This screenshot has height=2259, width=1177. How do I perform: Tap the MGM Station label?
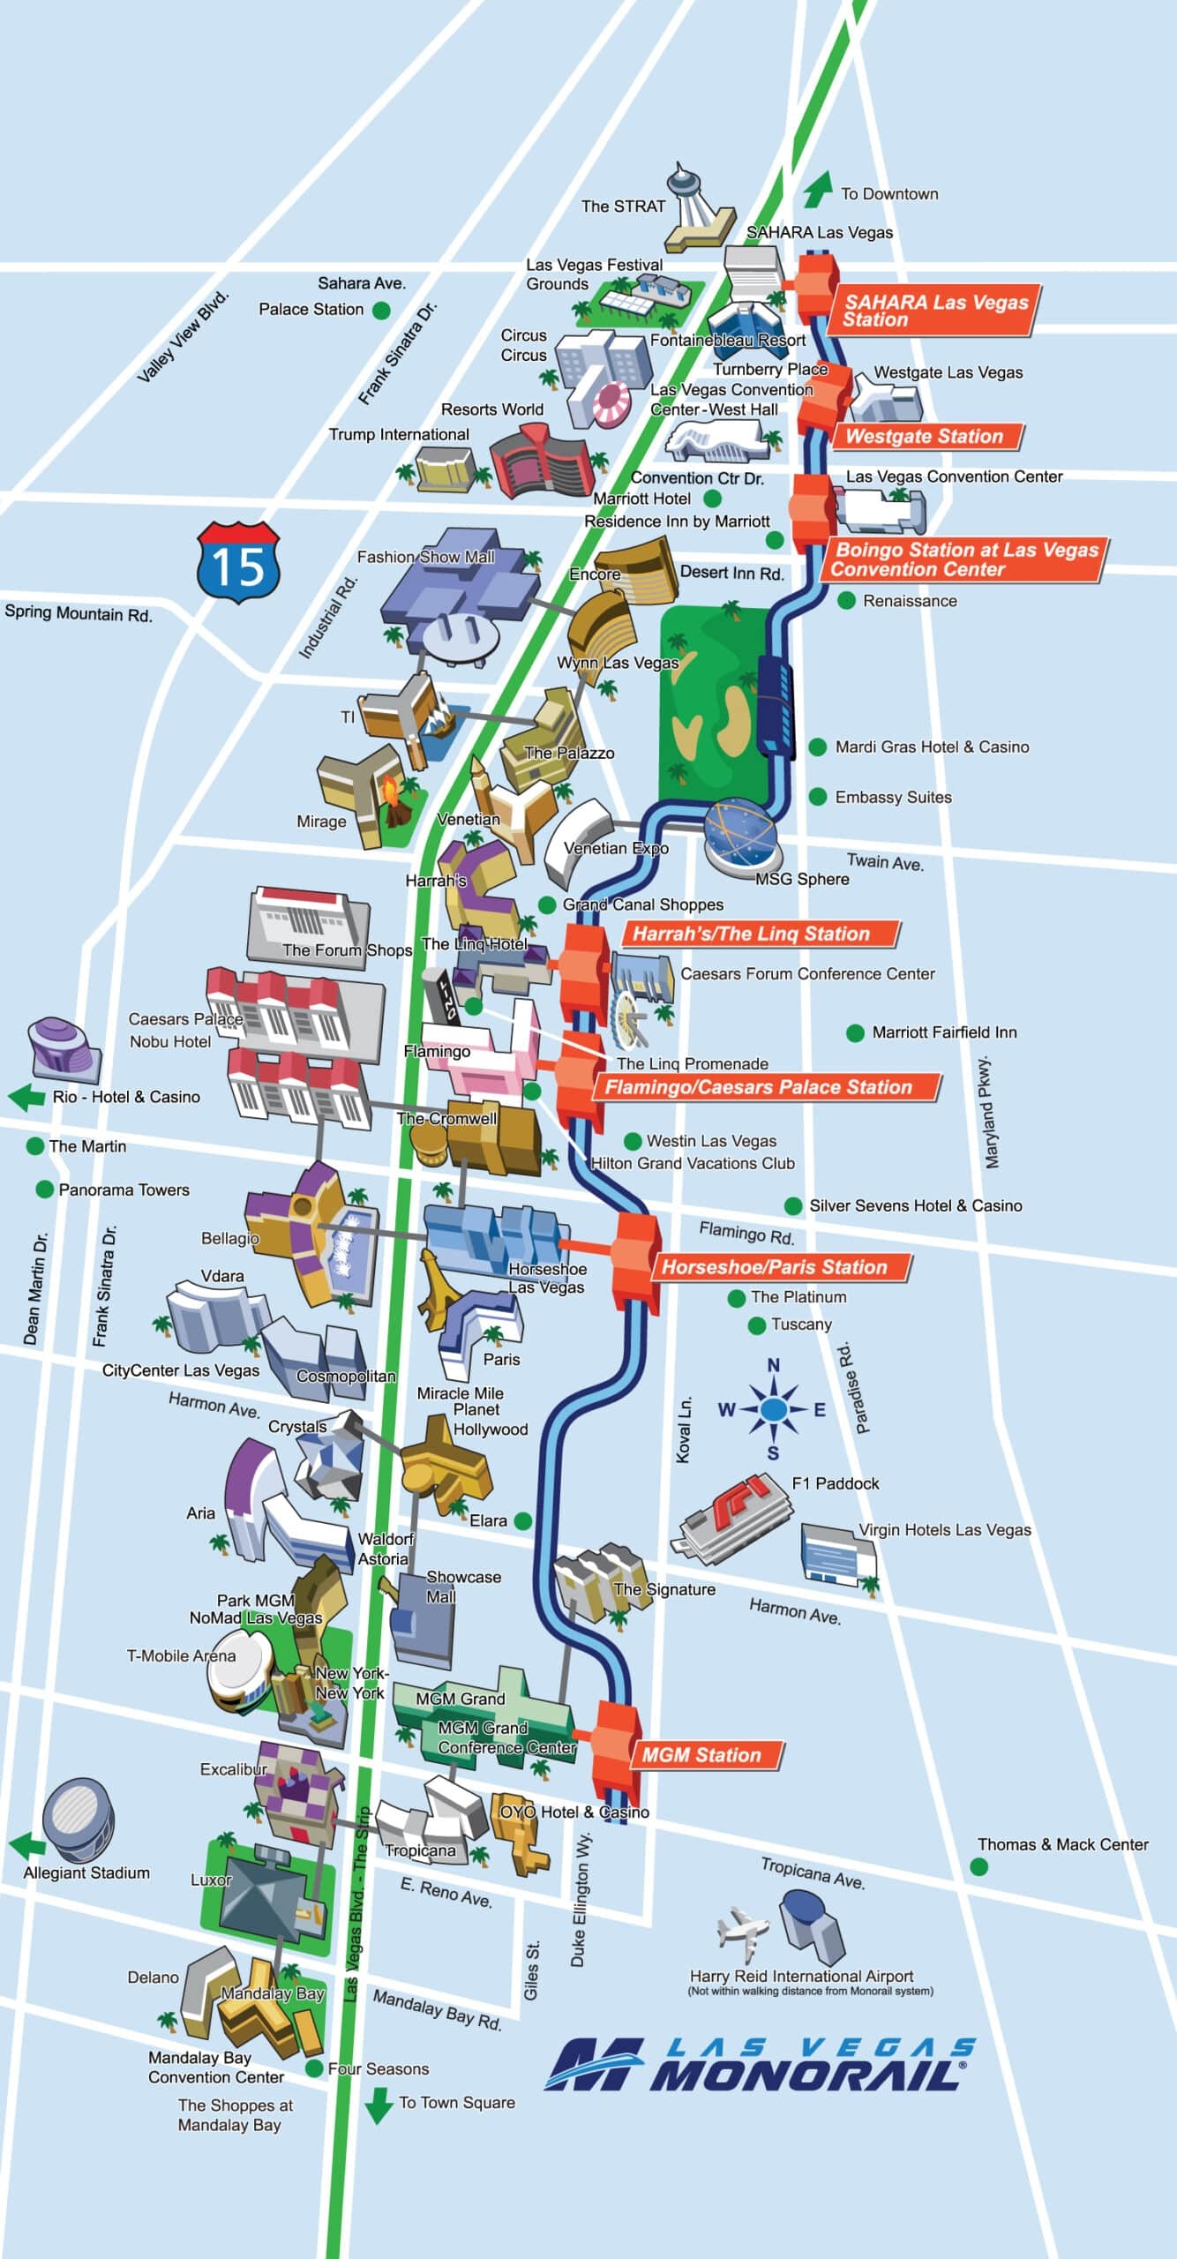(702, 1755)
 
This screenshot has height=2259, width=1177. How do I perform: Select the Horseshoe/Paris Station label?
(775, 1267)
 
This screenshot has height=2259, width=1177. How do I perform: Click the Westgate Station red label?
(925, 437)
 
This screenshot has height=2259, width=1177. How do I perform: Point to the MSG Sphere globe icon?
(741, 835)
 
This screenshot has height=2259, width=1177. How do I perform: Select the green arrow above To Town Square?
(379, 2105)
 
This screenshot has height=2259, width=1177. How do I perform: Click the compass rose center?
(773, 1409)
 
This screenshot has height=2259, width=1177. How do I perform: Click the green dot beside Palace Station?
(381, 310)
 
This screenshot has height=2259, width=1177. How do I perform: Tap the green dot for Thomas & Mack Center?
(978, 1866)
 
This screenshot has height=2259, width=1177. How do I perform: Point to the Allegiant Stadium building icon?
(78, 1820)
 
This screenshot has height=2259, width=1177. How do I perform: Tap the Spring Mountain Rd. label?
(79, 613)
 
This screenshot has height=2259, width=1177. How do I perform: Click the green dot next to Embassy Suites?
(818, 797)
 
